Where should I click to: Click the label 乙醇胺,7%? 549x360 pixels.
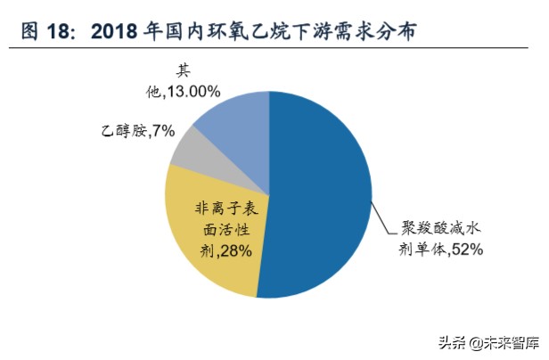point(137,131)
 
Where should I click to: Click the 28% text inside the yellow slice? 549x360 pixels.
point(234,251)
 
